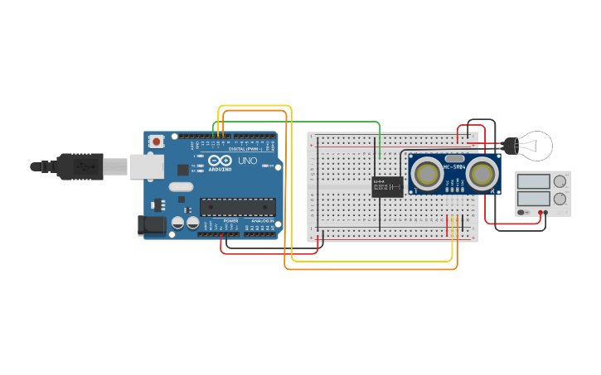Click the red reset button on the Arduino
[155, 142]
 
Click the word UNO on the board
[248, 161]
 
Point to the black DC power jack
[149, 224]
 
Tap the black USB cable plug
[83, 166]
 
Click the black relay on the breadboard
[387, 186]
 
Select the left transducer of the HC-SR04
[427, 174]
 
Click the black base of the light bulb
[511, 147]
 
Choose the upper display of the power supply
[533, 181]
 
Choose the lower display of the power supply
[533, 199]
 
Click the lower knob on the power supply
[560, 199]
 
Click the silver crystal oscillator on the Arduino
[181, 187]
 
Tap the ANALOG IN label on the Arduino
[261, 221]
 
